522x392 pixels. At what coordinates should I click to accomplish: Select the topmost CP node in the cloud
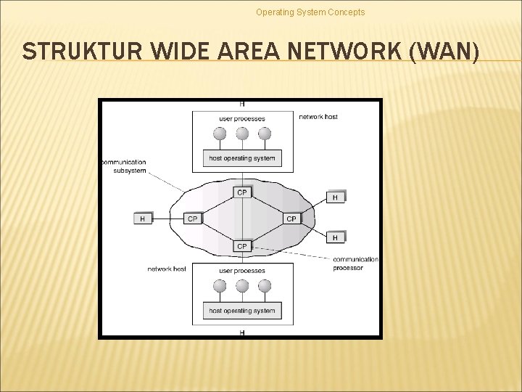[242, 192]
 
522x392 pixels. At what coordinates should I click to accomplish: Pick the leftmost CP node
[193, 219]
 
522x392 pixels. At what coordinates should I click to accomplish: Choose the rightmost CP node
[291, 219]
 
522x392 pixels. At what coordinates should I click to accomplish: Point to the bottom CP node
[242, 246]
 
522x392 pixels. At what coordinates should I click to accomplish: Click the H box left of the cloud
[143, 219]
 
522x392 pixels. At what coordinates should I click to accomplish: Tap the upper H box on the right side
[335, 197]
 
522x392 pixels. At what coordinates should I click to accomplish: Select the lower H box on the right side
[335, 237]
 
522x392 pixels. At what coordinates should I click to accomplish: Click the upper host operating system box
[242, 158]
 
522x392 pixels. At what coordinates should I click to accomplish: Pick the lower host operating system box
[242, 311]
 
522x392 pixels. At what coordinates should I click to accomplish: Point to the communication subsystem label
[125, 166]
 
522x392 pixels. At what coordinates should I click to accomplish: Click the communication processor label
[355, 264]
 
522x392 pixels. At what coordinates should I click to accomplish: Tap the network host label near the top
[318, 117]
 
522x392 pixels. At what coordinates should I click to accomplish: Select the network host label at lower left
[167, 269]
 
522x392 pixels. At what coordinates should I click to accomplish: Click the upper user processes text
[242, 118]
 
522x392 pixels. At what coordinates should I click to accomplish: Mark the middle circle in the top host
[242, 134]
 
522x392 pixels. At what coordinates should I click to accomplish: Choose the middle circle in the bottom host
[242, 286]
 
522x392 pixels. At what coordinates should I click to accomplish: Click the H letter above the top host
[241, 105]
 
